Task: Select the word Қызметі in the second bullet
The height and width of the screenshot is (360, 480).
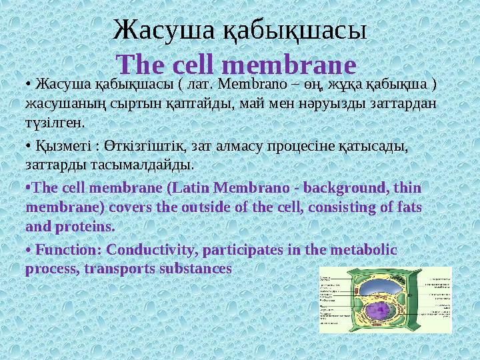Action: (x=63, y=145)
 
